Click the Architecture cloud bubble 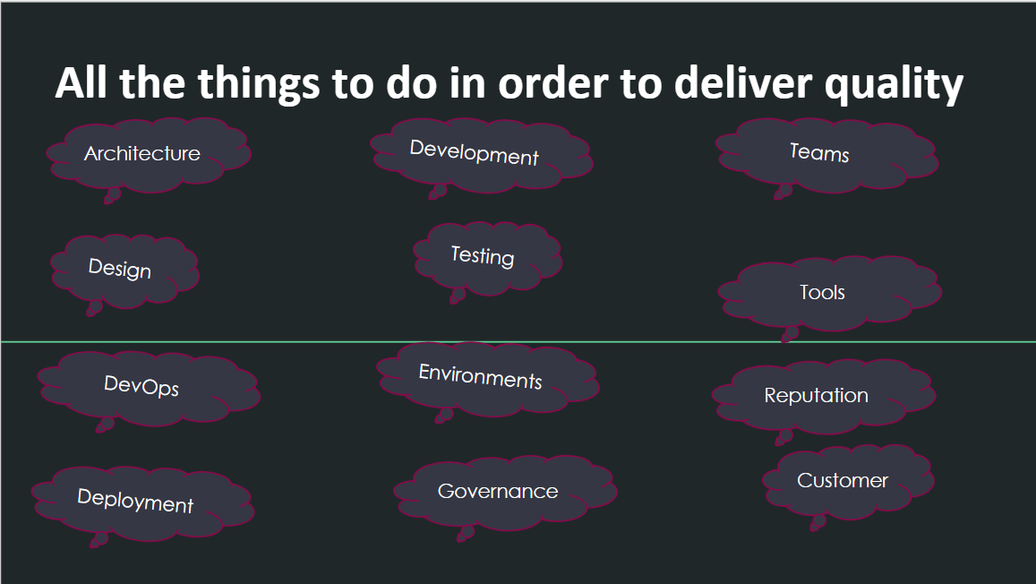click(x=143, y=153)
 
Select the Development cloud click(x=475, y=153)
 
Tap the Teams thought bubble click(x=820, y=153)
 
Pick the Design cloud click(x=120, y=269)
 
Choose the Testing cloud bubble click(x=483, y=256)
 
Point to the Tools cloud click(x=823, y=292)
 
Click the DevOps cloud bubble click(x=141, y=387)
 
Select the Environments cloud click(x=481, y=377)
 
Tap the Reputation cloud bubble click(x=817, y=396)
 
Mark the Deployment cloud click(x=135, y=502)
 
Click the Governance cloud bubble click(x=498, y=491)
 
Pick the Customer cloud click(x=843, y=481)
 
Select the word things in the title click(x=255, y=85)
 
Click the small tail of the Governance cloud click(x=464, y=534)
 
